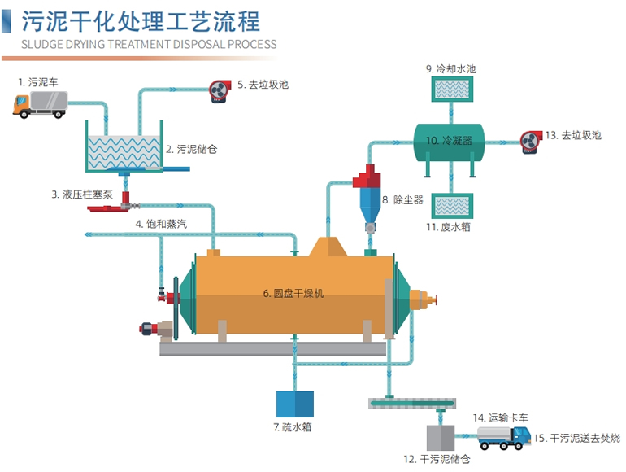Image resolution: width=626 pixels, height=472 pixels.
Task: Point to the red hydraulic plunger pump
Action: click(x=111, y=208)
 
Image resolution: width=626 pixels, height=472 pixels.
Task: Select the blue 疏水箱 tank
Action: click(x=294, y=404)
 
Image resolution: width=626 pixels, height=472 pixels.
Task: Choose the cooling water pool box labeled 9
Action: click(x=451, y=93)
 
